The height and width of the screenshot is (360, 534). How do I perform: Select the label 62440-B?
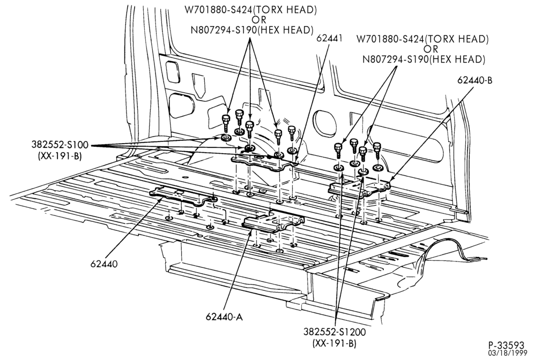click(x=475, y=80)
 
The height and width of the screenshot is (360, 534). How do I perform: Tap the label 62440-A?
click(x=224, y=317)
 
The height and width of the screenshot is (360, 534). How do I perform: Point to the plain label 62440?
click(x=104, y=264)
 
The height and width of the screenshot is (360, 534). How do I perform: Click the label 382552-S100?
click(x=60, y=145)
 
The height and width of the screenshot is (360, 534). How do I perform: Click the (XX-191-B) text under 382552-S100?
click(x=60, y=157)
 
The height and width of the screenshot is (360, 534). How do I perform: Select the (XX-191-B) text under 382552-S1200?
click(x=335, y=343)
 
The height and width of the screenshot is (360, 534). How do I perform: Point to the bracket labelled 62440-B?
click(x=359, y=188)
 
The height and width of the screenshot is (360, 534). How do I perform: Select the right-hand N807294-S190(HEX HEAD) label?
click(x=424, y=59)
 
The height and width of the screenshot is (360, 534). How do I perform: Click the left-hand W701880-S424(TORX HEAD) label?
click(x=251, y=10)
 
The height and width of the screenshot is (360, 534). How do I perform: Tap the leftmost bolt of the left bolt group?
click(x=226, y=124)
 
